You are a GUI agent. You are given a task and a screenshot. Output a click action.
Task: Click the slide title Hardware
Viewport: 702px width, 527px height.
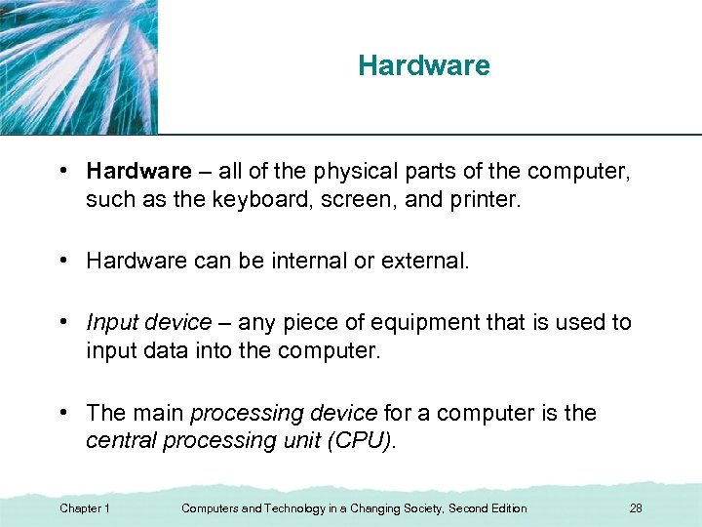click(423, 66)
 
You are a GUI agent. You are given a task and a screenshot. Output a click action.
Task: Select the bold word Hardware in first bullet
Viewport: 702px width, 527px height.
click(138, 172)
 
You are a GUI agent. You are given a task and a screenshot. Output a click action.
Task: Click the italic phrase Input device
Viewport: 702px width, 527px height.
click(148, 323)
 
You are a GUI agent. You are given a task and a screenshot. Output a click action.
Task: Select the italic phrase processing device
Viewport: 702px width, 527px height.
click(285, 414)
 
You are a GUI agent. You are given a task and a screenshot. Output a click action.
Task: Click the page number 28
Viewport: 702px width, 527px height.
click(636, 508)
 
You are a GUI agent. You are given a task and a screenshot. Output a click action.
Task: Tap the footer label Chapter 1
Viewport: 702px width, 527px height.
click(85, 508)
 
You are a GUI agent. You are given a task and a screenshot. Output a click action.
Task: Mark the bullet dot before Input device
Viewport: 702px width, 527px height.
click(61, 323)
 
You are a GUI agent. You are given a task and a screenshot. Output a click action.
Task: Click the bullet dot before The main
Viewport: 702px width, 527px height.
click(61, 414)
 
